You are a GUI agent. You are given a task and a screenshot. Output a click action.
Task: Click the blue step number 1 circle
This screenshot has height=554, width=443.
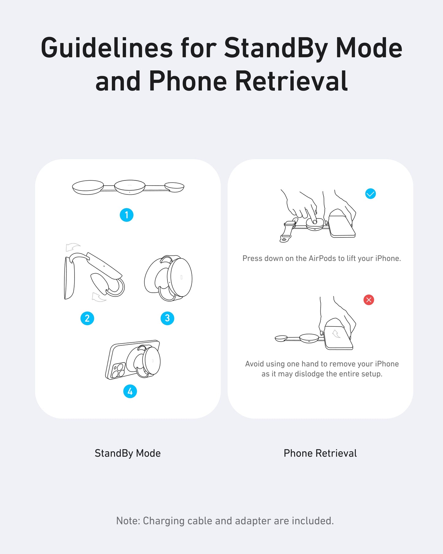point(126,215)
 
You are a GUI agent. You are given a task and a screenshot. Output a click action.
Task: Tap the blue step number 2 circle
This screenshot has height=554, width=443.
point(87,318)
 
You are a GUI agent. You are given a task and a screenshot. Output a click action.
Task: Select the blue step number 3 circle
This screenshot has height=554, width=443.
point(167,318)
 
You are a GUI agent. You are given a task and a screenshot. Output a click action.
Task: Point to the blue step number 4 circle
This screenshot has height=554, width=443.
point(130,391)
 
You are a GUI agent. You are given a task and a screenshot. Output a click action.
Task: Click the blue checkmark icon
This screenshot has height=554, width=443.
point(370,194)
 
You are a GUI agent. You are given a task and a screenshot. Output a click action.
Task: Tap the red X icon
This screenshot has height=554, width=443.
point(369,300)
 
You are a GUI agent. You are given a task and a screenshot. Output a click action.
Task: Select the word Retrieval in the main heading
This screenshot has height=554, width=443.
point(291,81)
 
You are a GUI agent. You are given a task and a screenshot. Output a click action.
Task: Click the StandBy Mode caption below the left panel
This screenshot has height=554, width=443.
point(128,453)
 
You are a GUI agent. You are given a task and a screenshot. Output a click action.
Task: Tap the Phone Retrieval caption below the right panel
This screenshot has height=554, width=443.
point(320,453)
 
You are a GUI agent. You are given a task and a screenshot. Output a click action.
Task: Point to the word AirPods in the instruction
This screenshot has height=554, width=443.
point(322,258)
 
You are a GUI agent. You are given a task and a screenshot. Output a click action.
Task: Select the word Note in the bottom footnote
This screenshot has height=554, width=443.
point(128,521)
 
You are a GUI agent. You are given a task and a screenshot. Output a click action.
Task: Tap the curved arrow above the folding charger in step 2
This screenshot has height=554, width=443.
point(73,247)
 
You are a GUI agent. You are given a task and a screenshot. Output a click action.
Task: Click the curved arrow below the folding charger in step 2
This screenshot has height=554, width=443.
point(99,297)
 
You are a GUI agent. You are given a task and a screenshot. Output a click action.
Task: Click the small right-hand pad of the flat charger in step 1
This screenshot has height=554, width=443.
point(174,187)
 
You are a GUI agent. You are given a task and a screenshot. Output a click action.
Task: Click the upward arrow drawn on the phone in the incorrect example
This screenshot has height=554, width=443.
point(336,334)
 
